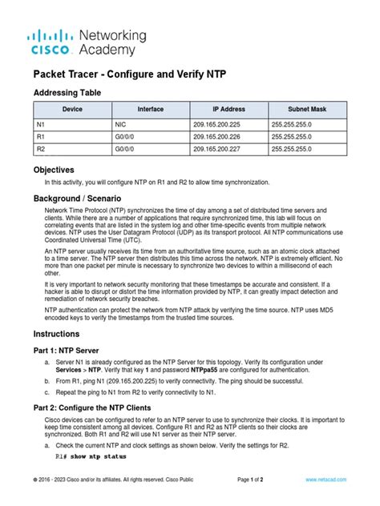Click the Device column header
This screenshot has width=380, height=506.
72,110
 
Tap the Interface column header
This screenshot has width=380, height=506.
151,110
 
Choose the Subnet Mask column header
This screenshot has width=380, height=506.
307,110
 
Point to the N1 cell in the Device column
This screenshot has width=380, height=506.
41,125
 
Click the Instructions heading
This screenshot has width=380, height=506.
59,333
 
